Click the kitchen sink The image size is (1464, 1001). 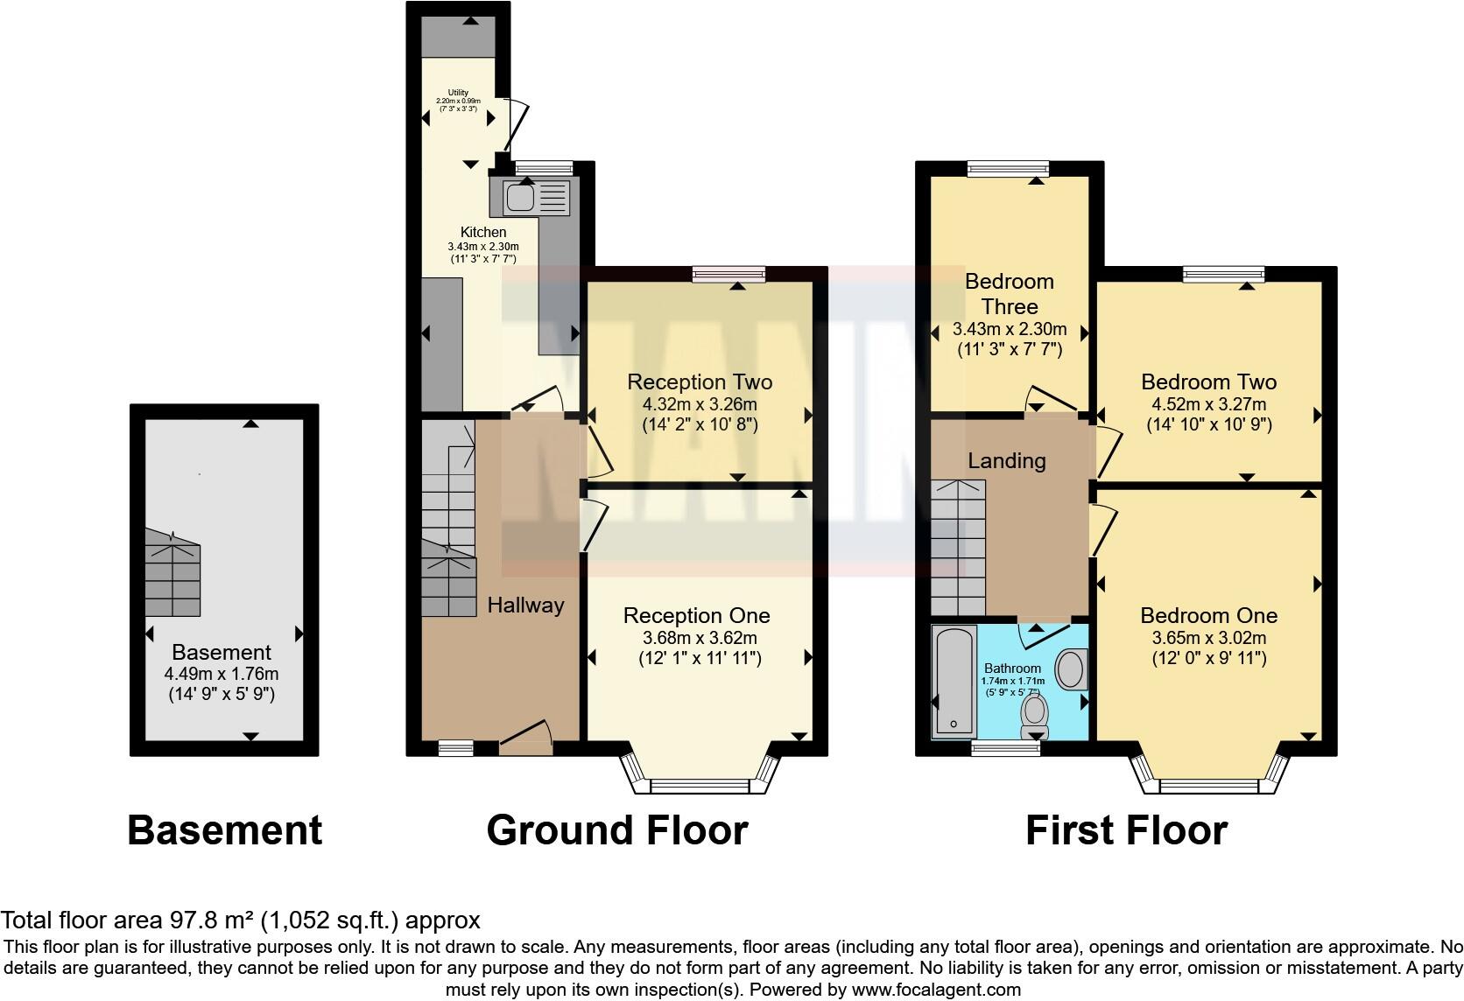521,198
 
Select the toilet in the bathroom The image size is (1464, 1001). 1035,715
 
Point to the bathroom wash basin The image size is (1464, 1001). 1072,669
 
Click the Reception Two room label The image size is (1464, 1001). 700,382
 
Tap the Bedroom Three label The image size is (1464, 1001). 1009,294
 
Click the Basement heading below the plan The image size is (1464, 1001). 225,829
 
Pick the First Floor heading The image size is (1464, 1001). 1126,829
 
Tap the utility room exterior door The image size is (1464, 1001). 516,123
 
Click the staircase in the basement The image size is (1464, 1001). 172,573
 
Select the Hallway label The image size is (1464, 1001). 525,605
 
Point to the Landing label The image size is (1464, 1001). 1006,460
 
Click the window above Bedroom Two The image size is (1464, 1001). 1223,274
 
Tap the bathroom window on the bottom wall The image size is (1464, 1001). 999,748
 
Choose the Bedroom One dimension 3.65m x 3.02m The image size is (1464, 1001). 1208,638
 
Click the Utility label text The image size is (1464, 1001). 458,93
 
